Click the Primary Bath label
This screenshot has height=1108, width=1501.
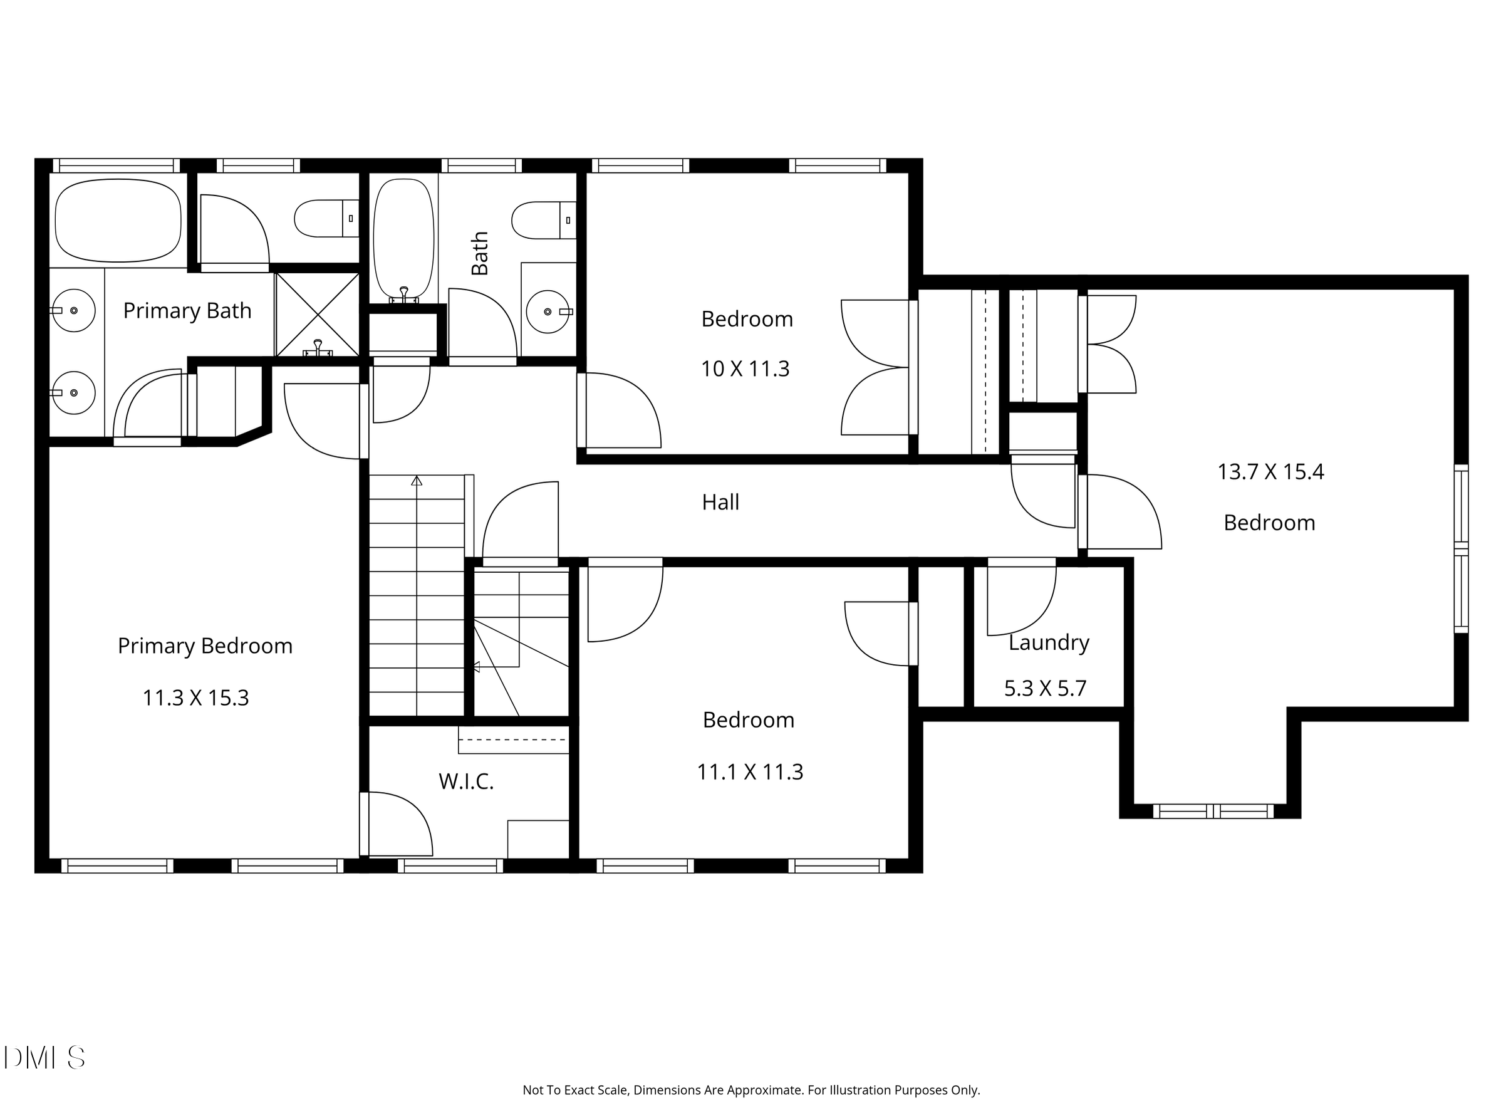tap(187, 311)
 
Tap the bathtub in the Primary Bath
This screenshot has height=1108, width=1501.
tap(118, 221)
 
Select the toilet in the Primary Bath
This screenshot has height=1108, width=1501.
tap(326, 218)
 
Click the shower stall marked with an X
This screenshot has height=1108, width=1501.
tap(318, 314)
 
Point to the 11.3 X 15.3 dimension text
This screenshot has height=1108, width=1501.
tap(195, 698)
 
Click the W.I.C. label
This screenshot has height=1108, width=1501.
tap(466, 781)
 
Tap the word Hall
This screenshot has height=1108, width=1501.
tap(720, 503)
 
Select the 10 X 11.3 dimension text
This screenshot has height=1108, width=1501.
tap(745, 369)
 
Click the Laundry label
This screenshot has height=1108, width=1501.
tap(1049, 642)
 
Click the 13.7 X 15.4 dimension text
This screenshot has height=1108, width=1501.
tap(1270, 472)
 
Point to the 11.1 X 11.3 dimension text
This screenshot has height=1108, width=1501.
tap(749, 772)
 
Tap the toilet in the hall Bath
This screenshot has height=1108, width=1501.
tap(544, 220)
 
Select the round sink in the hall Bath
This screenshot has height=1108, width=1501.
tap(548, 312)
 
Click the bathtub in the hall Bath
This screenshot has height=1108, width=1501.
tap(403, 239)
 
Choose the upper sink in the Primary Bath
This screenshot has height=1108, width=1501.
tap(74, 311)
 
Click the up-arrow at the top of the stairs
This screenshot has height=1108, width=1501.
tap(417, 480)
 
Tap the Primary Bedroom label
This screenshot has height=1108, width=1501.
tap(205, 646)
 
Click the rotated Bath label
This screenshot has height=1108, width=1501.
tap(480, 254)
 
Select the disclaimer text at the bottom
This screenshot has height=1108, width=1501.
tap(751, 1090)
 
